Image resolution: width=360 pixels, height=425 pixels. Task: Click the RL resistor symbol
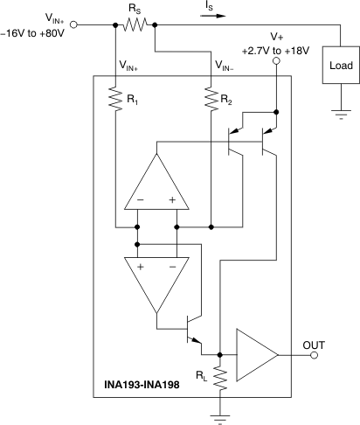[219, 377]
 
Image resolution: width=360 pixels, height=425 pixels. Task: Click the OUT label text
[314, 345]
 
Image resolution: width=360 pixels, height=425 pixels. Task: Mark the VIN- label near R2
[228, 65]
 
